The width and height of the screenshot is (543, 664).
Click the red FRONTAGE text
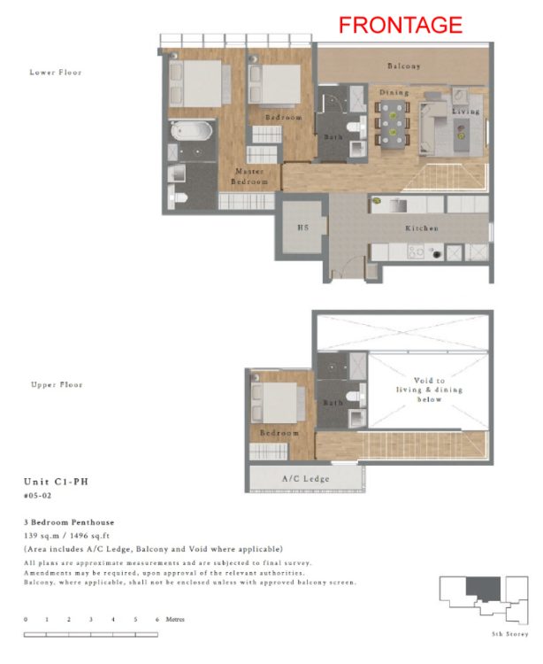[401, 25]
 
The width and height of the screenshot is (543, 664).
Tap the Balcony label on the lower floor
[403, 66]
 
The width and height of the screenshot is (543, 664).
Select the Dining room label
[394, 92]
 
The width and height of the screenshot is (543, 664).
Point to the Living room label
[465, 112]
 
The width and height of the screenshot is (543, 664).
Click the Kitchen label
[422, 228]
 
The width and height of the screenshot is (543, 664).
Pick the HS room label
[302, 228]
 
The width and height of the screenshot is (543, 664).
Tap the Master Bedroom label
[249, 176]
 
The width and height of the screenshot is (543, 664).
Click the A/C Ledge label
[305, 479]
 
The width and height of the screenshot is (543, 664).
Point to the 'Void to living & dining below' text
[429, 390]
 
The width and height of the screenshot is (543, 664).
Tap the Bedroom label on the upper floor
[279, 433]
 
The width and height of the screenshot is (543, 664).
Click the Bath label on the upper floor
[333, 403]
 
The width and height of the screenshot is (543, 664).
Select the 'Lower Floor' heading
[57, 73]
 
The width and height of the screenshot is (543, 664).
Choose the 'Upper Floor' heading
[57, 385]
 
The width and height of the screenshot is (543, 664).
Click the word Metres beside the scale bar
[174, 619]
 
